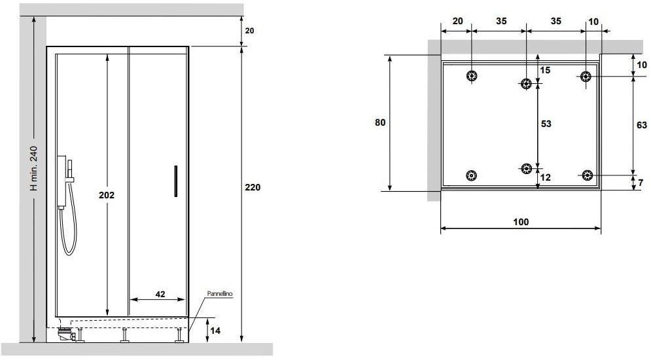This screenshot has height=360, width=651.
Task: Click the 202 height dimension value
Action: point(107,195)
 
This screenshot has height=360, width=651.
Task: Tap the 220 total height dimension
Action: point(253,187)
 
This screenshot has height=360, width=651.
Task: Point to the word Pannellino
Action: point(220,294)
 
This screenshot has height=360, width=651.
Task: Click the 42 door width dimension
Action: point(160,294)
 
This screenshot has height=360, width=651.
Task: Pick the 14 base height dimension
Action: point(215,331)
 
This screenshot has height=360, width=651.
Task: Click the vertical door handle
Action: point(175,181)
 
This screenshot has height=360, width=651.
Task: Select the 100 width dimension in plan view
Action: point(521,222)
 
